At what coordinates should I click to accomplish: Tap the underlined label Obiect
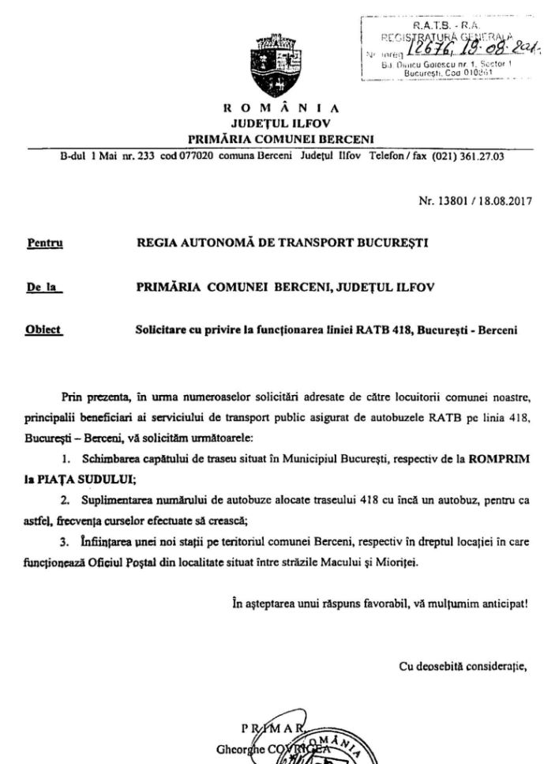pyautogui.click(x=44, y=331)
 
